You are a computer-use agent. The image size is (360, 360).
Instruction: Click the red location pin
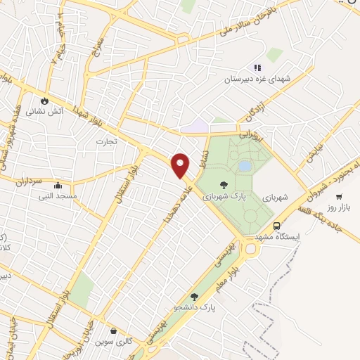point(181,165)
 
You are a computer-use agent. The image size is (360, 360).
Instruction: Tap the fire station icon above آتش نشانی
point(46,100)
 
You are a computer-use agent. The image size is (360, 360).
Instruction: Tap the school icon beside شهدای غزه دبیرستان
point(257,67)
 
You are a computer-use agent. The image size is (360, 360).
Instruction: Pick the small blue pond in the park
point(244,166)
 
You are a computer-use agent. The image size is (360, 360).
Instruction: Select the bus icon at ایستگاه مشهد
point(277,226)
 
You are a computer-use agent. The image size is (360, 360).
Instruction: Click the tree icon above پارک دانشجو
point(194,297)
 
